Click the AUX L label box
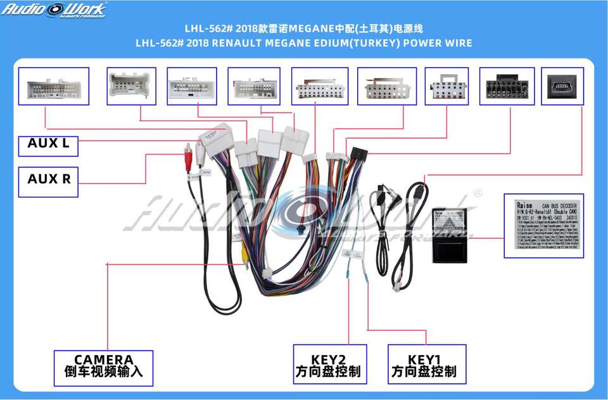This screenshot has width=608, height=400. click(48, 144)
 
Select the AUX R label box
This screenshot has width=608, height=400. click(48, 179)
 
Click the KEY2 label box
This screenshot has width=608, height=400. click(327, 365)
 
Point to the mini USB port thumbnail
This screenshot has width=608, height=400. click(562, 86)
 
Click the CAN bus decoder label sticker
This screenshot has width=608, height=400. click(544, 226)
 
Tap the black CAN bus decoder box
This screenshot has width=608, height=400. click(452, 234)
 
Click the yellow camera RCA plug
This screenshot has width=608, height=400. click(243, 251)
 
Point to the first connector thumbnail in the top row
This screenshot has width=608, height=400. click(53, 86)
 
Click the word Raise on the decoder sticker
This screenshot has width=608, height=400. click(524, 205)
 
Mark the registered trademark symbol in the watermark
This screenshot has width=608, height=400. click(478, 193)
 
